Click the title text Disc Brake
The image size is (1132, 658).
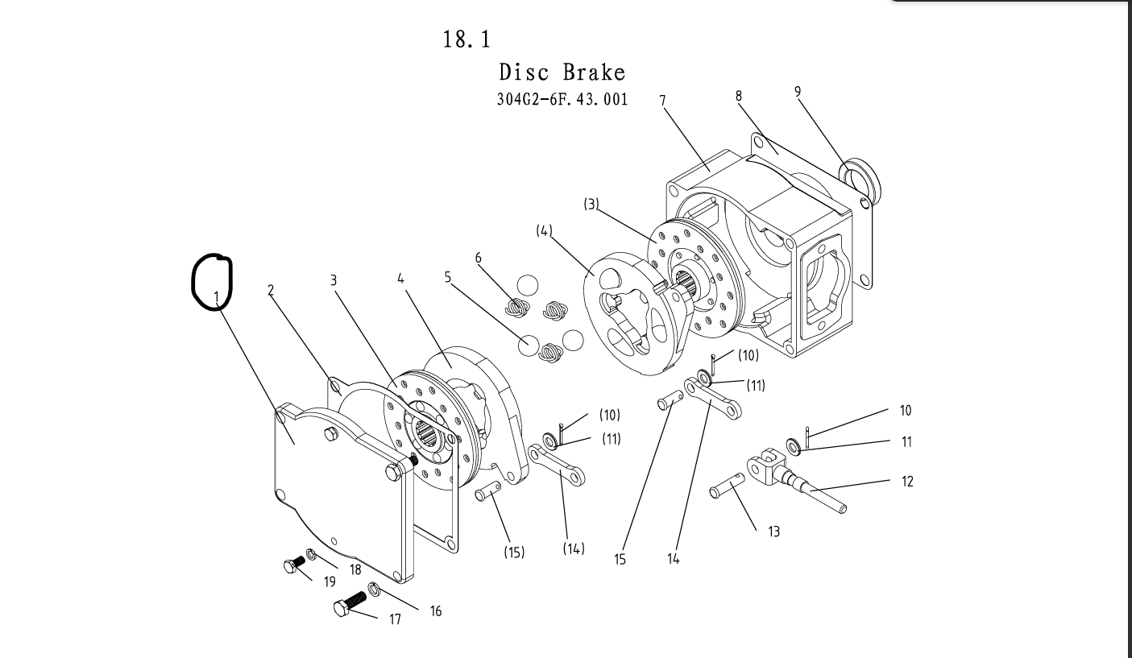click(562, 72)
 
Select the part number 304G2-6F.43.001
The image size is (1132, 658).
click(563, 100)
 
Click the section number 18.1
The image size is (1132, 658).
click(466, 39)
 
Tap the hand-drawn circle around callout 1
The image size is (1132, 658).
click(211, 282)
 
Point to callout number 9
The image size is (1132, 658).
click(798, 92)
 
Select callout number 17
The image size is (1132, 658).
click(395, 619)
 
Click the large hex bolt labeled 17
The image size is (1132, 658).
click(348, 604)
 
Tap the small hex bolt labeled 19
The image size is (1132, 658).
click(295, 563)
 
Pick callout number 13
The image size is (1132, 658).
click(773, 532)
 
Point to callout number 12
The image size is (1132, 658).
click(907, 482)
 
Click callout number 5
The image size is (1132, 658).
click(448, 278)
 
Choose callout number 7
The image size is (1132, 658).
click(662, 100)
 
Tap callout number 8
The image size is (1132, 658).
click(739, 95)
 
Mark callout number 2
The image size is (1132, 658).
click(272, 291)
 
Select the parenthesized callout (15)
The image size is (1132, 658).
click(513, 552)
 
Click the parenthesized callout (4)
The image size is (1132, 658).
click(545, 231)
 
